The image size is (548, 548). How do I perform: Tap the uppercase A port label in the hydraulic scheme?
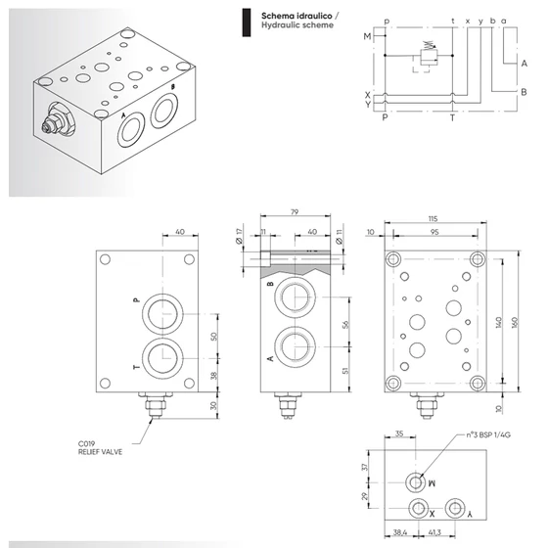click(525, 61)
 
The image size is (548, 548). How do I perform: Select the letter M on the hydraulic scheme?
click(367, 37)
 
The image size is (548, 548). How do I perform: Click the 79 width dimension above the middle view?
click(295, 210)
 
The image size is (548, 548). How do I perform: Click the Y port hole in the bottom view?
click(455, 509)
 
